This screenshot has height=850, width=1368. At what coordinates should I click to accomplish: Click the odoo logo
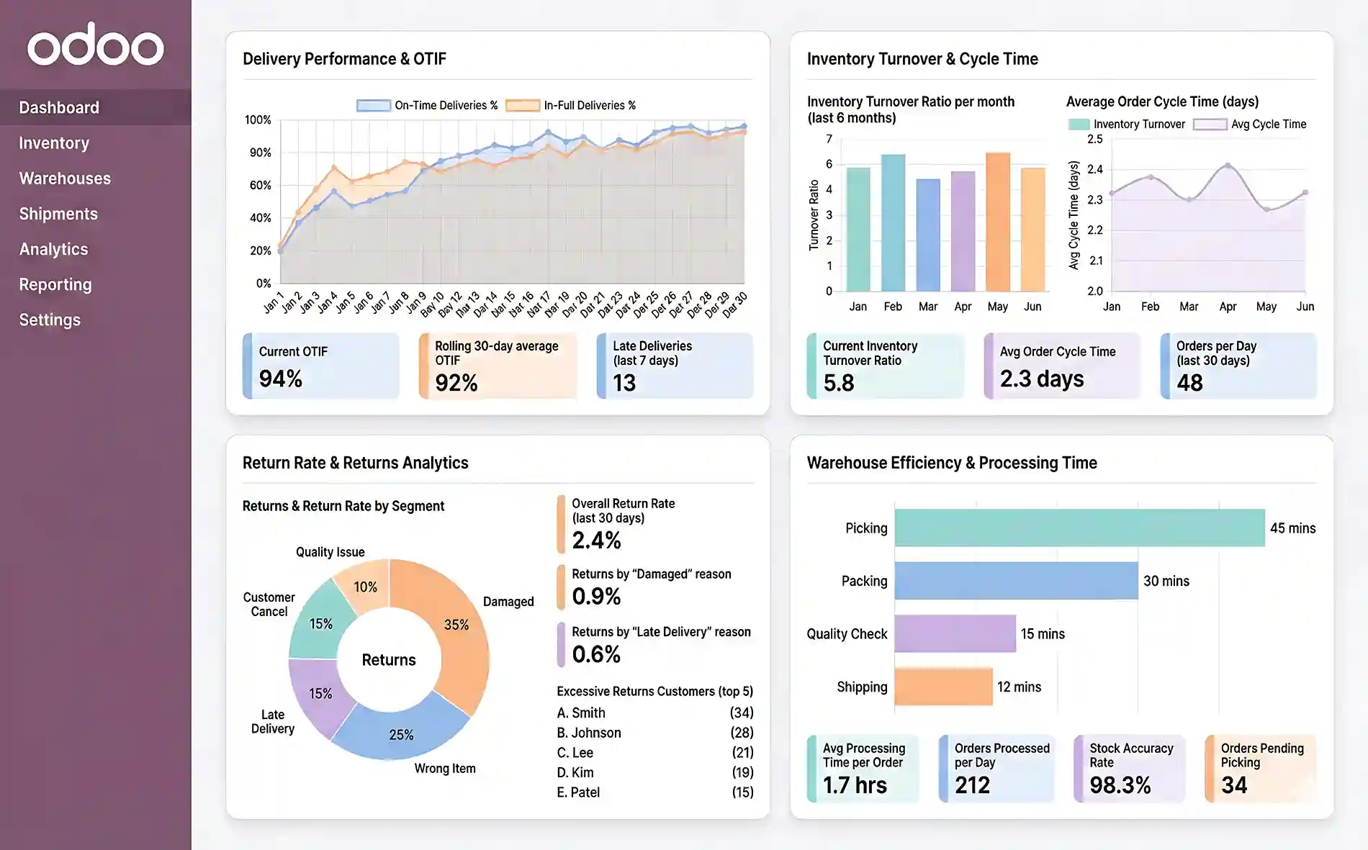(x=96, y=45)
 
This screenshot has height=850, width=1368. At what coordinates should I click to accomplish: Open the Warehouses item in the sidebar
(x=65, y=178)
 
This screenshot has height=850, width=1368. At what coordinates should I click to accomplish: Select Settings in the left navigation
(x=50, y=320)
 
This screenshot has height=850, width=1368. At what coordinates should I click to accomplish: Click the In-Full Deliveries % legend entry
(x=571, y=105)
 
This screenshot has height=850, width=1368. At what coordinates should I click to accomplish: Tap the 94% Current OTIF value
(x=281, y=379)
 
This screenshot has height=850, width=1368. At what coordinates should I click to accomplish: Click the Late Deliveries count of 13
(x=624, y=383)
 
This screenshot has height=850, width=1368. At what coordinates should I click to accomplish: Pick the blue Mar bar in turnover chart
(x=927, y=235)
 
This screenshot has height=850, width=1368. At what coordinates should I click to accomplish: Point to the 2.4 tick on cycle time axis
(x=1094, y=169)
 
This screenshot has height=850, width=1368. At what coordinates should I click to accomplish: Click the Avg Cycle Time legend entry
(x=1249, y=124)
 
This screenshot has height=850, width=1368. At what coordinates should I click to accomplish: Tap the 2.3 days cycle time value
(x=1041, y=379)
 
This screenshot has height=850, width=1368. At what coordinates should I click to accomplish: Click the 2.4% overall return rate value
(x=596, y=541)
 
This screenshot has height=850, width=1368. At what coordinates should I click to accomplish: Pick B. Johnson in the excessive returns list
(x=589, y=733)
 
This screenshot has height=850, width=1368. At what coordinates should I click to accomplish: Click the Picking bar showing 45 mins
(x=1079, y=528)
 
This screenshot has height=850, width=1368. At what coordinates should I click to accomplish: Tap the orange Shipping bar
(x=943, y=687)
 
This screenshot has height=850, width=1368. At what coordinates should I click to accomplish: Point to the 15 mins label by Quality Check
(x=1042, y=634)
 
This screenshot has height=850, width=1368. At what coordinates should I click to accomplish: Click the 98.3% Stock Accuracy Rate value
(x=1120, y=785)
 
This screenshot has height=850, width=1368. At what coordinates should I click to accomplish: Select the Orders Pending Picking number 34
(x=1234, y=785)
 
